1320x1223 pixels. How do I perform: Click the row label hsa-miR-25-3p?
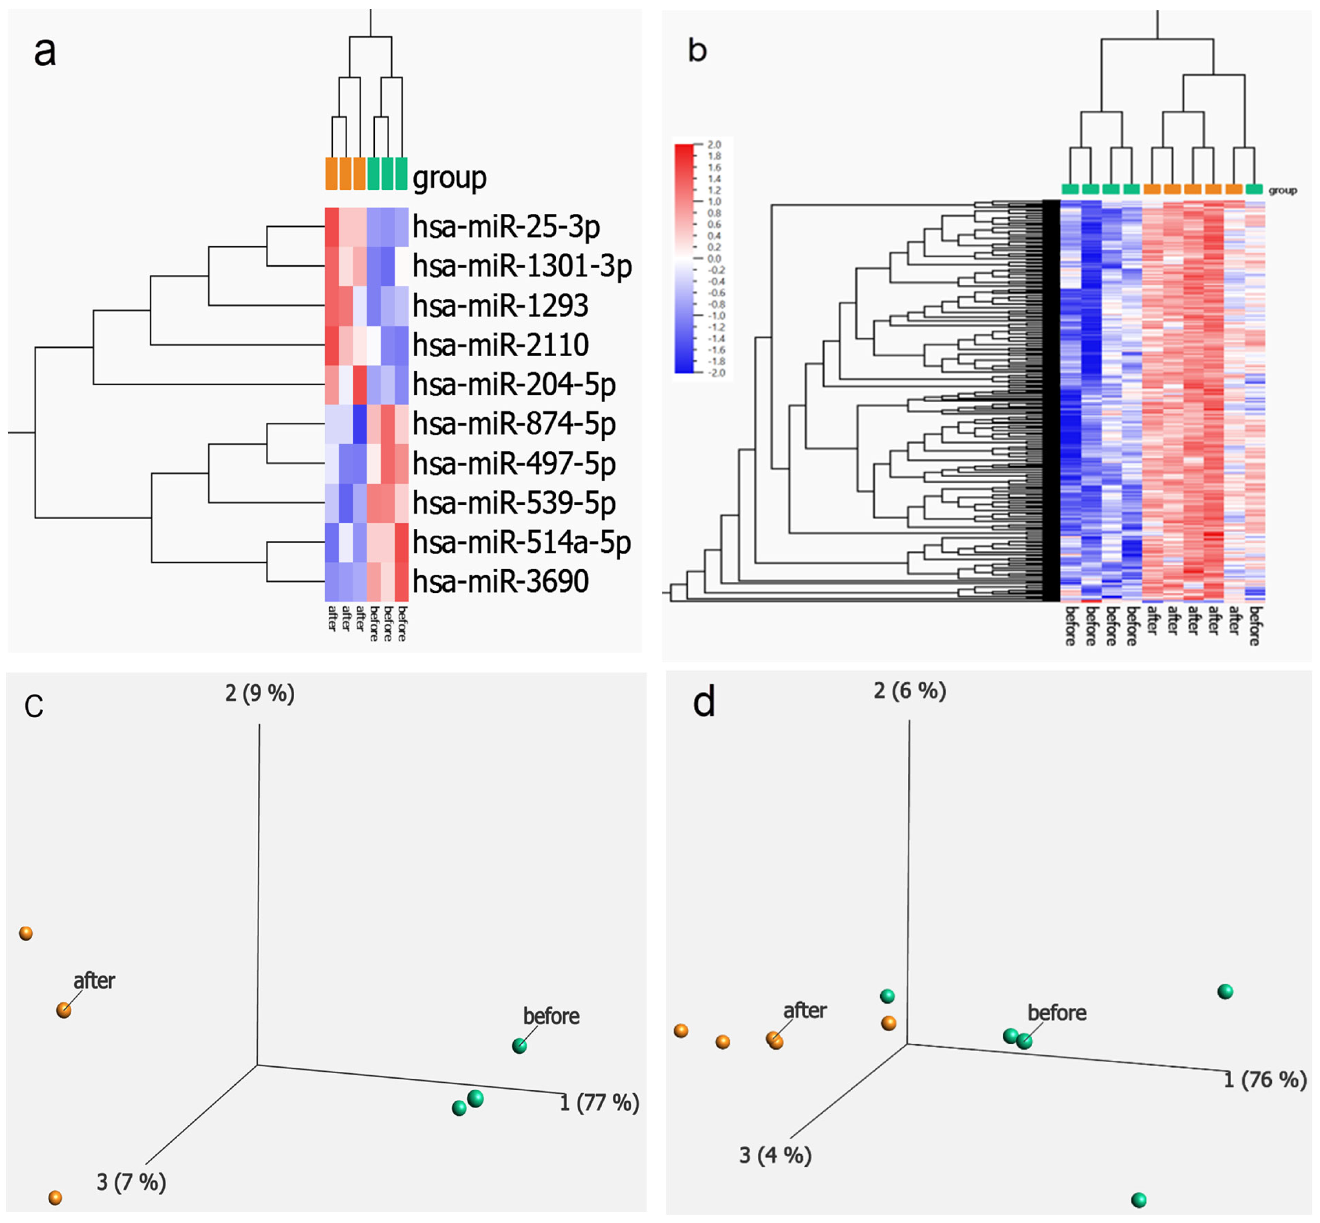tap(506, 227)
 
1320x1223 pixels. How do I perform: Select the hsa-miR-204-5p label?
tap(514, 384)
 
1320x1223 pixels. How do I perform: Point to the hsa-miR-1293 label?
tap(500, 306)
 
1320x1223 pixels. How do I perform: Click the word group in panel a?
tap(450, 177)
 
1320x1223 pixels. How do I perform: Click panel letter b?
tap(697, 50)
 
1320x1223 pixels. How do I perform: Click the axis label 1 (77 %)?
tap(599, 1103)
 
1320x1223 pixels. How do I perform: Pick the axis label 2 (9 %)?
tap(260, 694)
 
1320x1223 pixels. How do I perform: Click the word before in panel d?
tap(1056, 1013)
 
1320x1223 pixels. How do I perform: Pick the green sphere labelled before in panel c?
tap(520, 1046)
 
